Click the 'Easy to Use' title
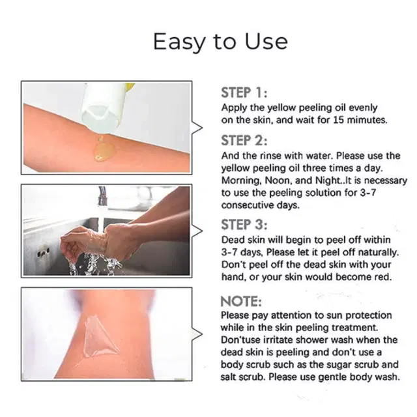coord(220,42)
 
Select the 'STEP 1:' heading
coord(244,93)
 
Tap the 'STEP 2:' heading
coord(244,141)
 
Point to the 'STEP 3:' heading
coord(244,225)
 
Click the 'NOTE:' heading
coord(241,302)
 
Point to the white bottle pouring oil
coord(104,108)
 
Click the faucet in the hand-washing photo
coord(102,197)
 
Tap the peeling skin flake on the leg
coord(98,336)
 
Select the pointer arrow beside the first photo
coord(197,128)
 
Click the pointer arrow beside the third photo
coord(197,334)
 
